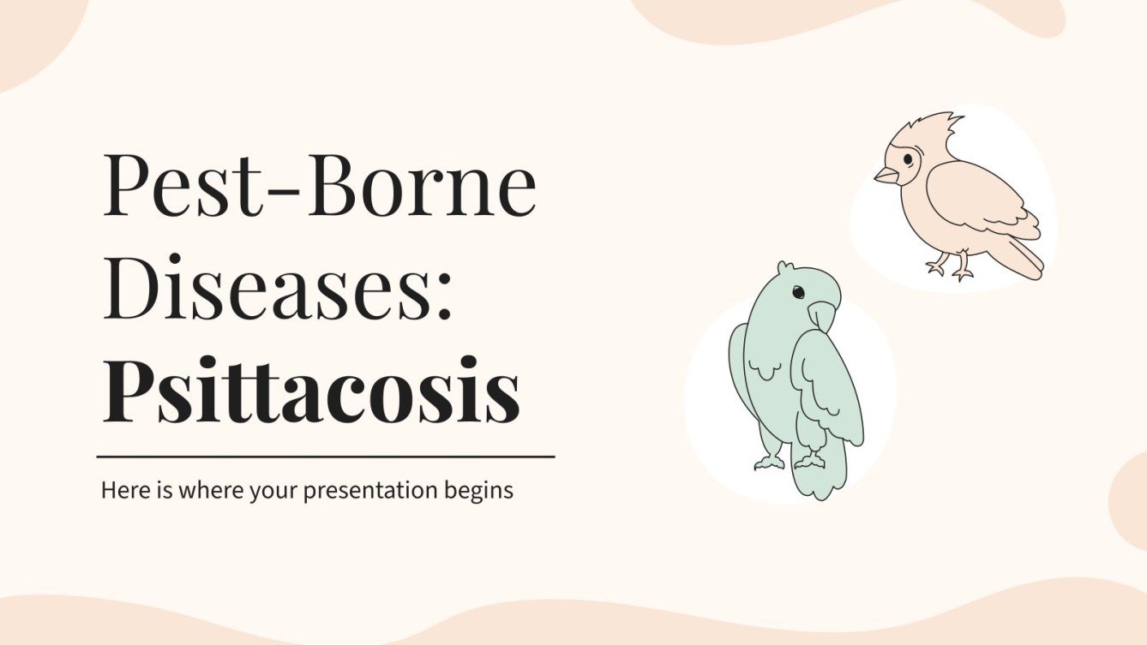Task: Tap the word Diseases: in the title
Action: pos(279,291)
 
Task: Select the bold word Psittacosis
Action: pos(310,393)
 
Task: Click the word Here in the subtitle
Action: pos(119,491)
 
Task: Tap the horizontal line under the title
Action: pos(326,457)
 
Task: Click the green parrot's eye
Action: pos(798,293)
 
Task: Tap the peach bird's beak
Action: pos(885,176)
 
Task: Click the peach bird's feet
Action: pos(951,268)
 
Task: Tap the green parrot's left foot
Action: pos(769,462)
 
